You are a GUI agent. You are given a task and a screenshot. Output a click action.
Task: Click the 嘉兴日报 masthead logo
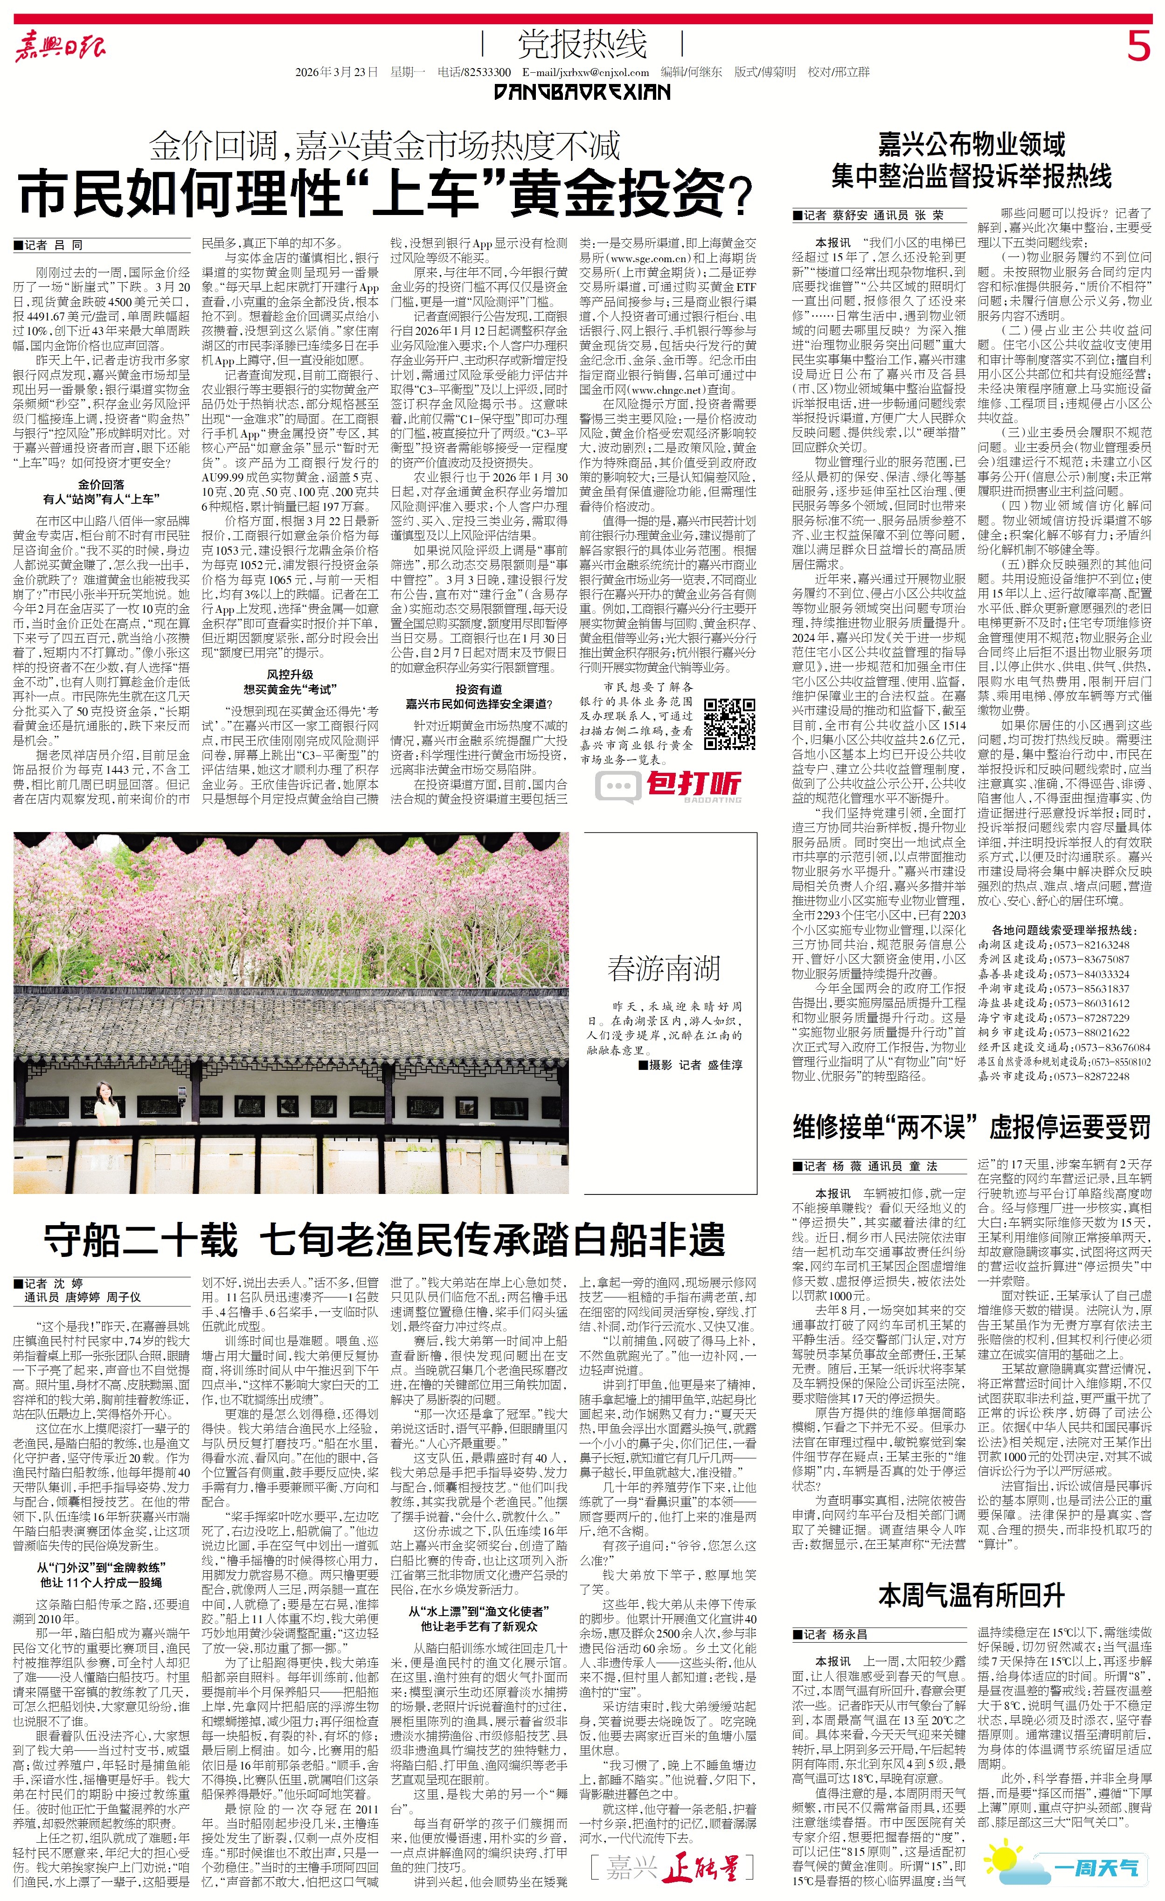tap(60, 48)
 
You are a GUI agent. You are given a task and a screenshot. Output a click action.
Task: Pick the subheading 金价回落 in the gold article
tap(101, 485)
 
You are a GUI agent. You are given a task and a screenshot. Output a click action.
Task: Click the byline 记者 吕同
tap(48, 245)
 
